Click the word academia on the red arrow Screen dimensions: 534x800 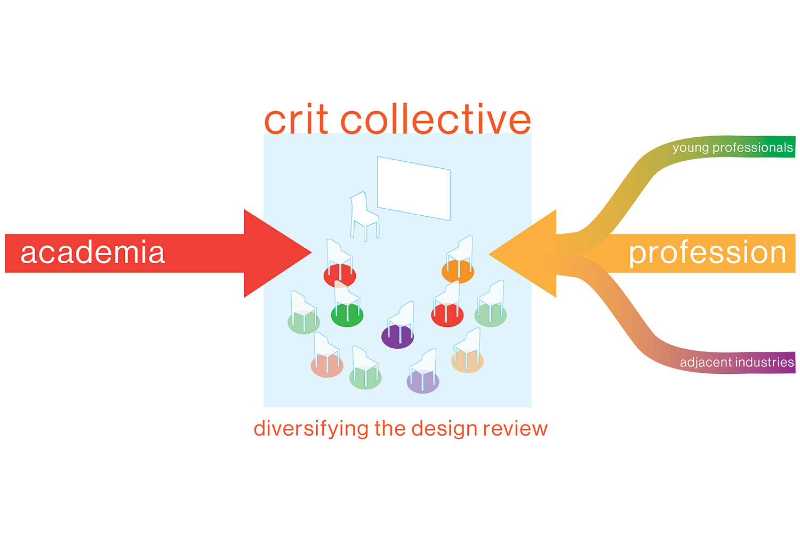point(92,253)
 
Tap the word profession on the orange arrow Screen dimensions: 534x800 point(707,253)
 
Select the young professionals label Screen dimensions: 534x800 point(732,147)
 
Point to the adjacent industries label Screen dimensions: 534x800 point(737,362)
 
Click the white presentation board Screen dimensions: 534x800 point(414,188)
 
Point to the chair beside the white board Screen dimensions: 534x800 point(364,216)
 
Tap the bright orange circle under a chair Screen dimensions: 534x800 point(458,272)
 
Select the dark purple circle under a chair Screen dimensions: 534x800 point(397,337)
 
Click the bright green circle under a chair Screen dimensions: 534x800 point(347,316)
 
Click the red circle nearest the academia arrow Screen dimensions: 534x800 point(339,276)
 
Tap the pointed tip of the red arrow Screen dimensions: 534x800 point(310,253)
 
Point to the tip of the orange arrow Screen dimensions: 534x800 point(490,254)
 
